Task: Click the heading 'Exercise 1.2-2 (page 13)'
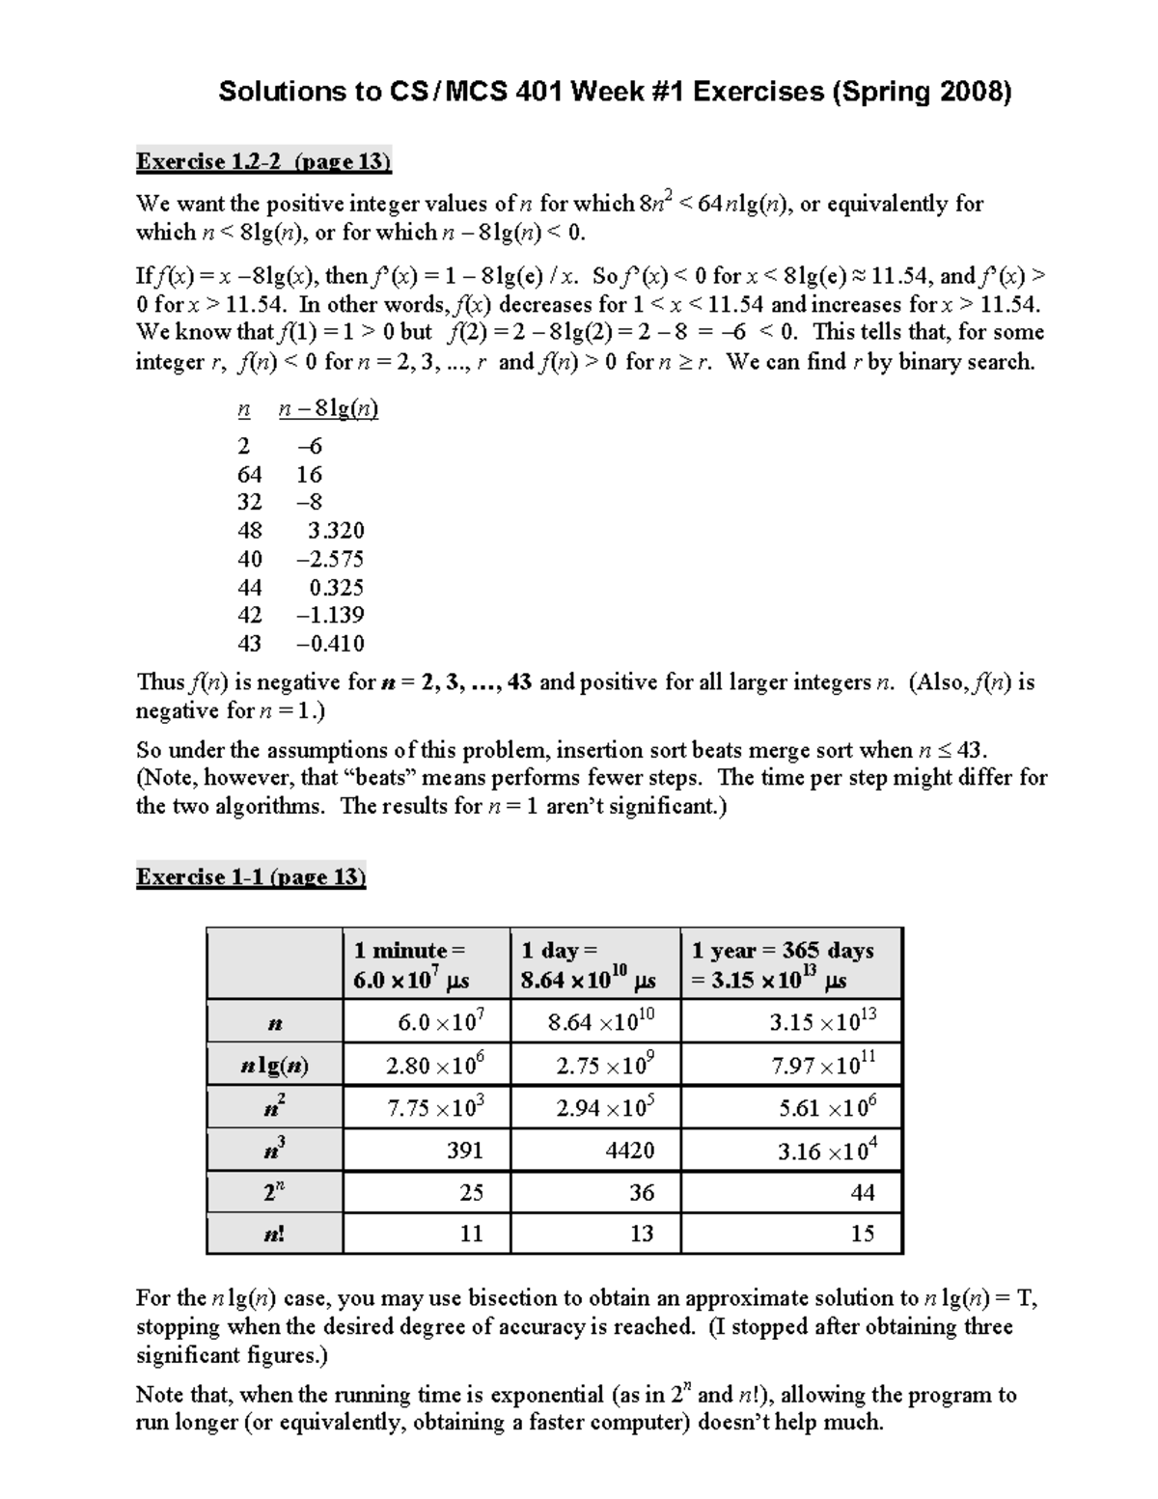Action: [263, 161]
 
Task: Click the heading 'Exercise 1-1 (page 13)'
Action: [251, 876]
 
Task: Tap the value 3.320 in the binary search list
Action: [336, 531]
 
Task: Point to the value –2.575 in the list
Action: [330, 559]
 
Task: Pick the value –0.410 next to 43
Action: [330, 644]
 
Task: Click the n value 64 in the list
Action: [249, 474]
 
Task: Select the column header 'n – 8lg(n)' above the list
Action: [328, 409]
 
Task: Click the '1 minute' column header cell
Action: [426, 964]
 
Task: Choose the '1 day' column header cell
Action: [594, 964]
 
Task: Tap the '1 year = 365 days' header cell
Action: [791, 964]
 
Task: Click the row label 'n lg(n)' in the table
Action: [275, 1067]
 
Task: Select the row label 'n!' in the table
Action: [275, 1234]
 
